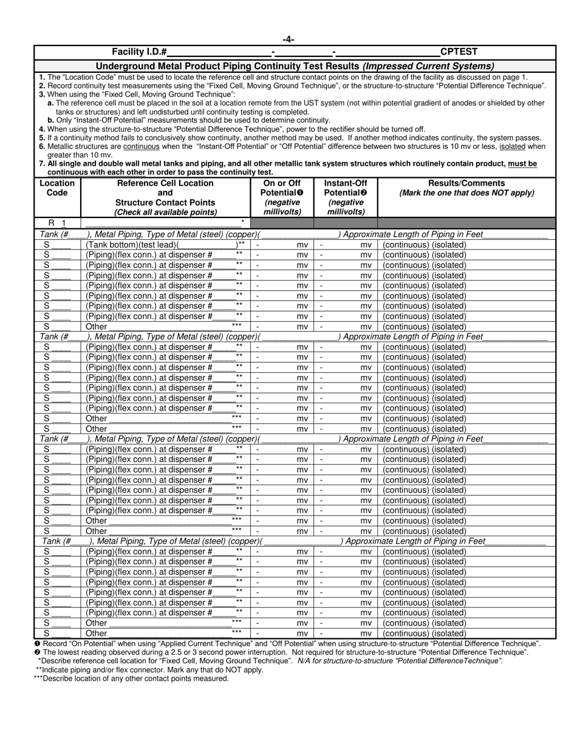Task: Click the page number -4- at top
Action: [x=288, y=40]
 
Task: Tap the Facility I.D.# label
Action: [x=140, y=52]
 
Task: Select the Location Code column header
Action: [x=57, y=188]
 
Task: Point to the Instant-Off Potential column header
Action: [x=346, y=197]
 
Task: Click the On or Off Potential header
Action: [x=282, y=197]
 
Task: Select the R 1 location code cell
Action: [x=57, y=223]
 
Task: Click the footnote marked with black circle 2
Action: [x=281, y=652]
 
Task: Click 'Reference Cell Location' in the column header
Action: [x=165, y=183]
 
